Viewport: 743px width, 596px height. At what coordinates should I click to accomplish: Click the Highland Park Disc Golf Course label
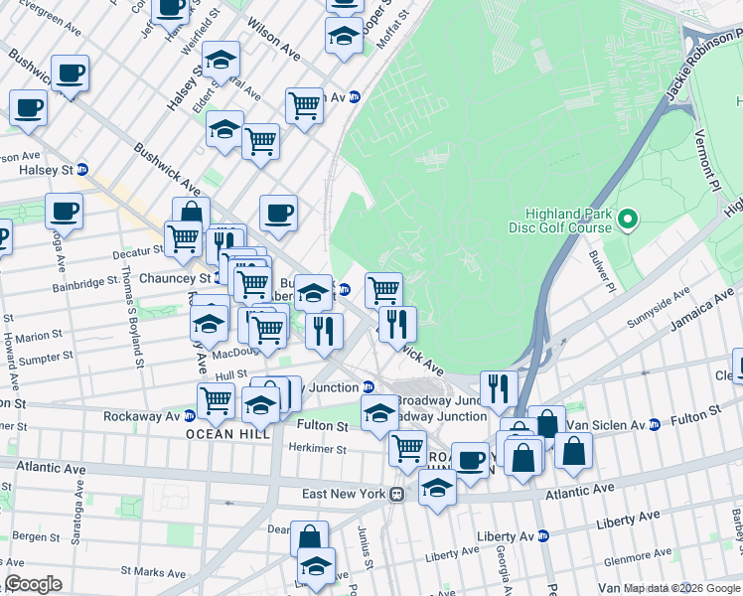pos(568,221)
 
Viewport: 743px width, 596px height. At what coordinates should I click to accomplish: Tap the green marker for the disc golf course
pos(627,219)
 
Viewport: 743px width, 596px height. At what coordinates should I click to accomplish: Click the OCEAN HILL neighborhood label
pos(223,434)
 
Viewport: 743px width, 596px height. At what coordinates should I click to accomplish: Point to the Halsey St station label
pos(47,170)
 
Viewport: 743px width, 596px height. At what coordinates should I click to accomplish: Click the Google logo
pos(33,584)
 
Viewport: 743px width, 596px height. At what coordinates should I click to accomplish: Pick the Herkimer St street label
pos(317,449)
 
